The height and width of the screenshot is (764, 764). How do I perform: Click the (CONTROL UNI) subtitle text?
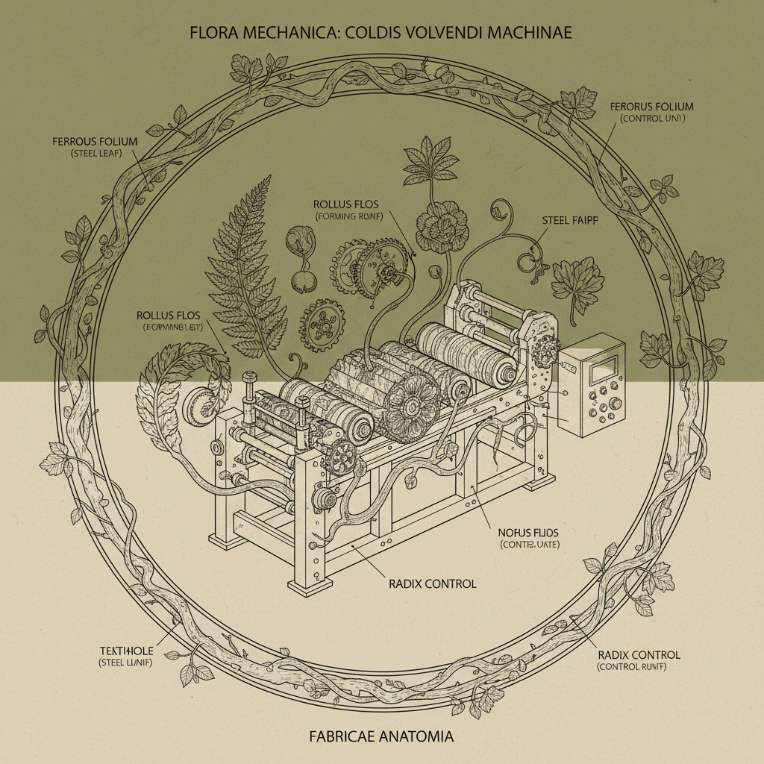[653, 119]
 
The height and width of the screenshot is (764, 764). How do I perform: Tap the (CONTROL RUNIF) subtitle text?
[639, 666]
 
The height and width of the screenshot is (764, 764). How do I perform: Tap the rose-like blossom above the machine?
[441, 229]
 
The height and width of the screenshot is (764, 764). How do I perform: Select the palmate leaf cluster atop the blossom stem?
[431, 160]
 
